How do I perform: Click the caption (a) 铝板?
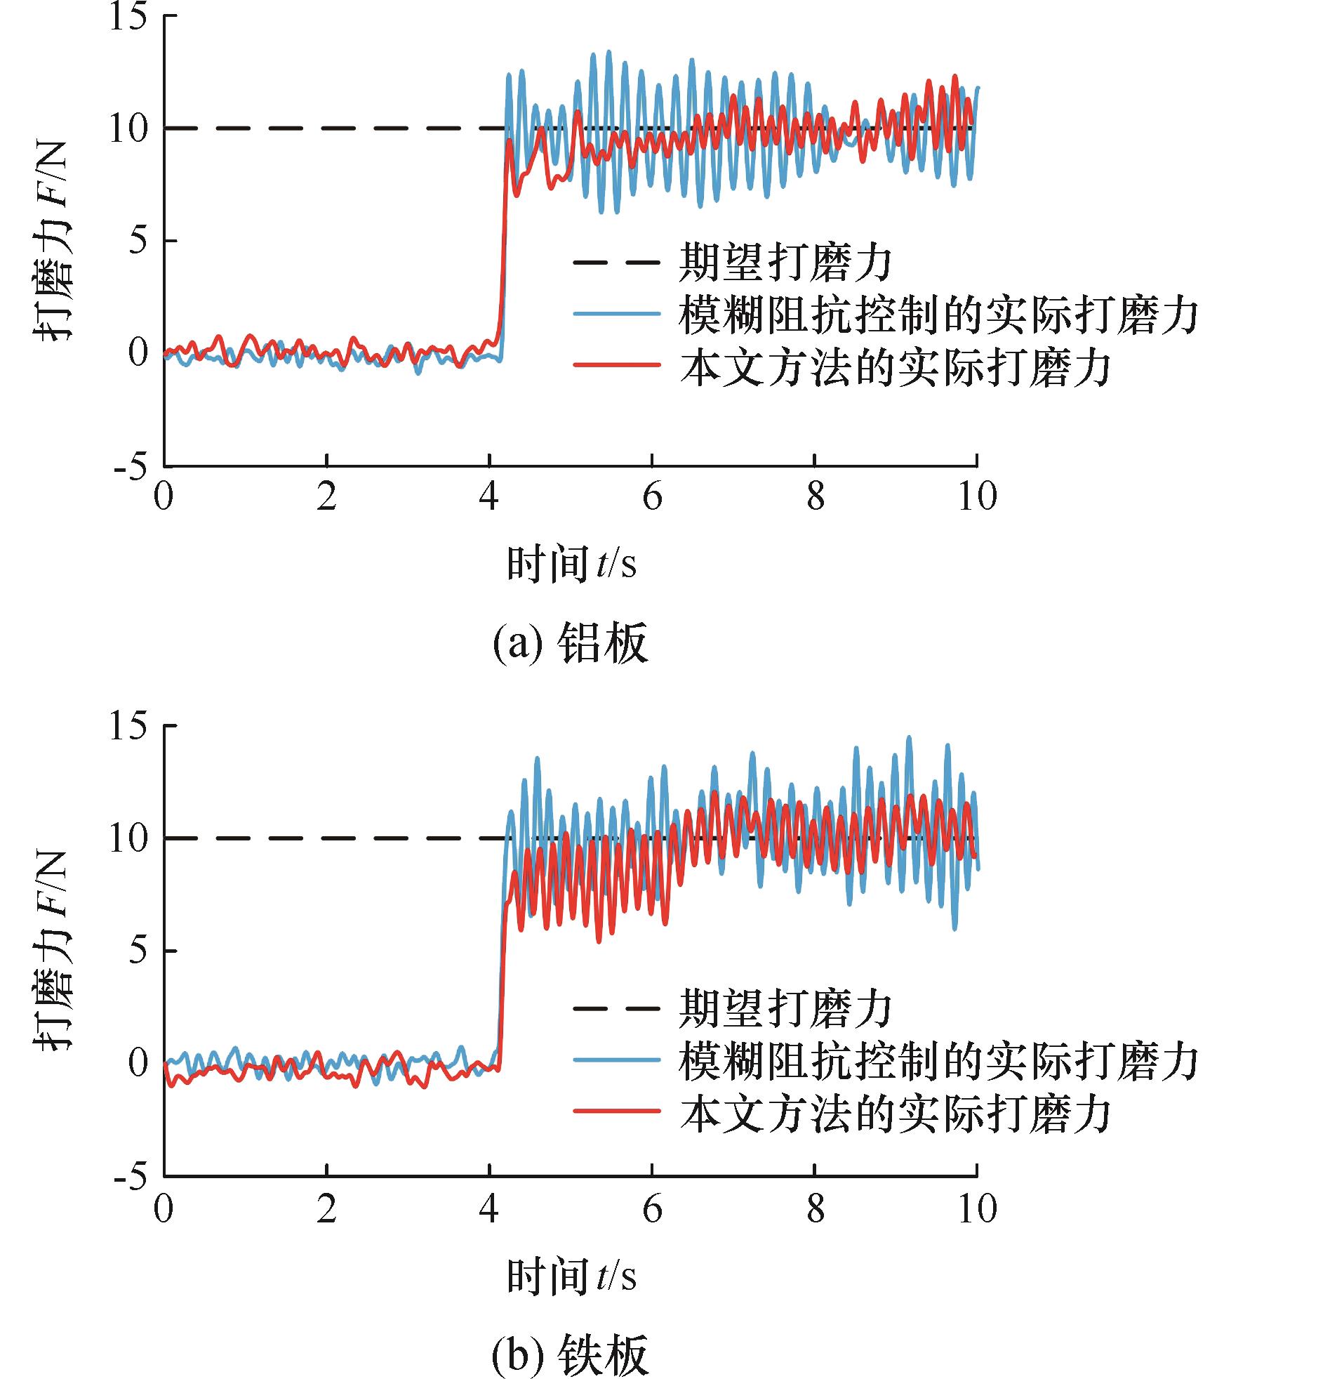pyautogui.click(x=570, y=645)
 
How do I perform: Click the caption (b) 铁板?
pyautogui.click(x=570, y=1354)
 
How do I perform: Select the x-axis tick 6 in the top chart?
pyautogui.click(x=652, y=496)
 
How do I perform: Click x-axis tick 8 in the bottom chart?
pyautogui.click(x=816, y=1207)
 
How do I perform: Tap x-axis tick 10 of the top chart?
pyautogui.click(x=977, y=496)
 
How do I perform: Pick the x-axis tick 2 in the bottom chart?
pyautogui.click(x=326, y=1207)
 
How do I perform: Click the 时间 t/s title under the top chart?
pyautogui.click(x=572, y=565)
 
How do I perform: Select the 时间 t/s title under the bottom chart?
pyautogui.click(x=572, y=1276)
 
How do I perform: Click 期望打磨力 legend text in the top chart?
pyautogui.click(x=785, y=263)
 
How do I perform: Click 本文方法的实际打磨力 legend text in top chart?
pyautogui.click(x=895, y=367)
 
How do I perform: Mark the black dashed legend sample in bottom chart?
pyautogui.click(x=617, y=1008)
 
